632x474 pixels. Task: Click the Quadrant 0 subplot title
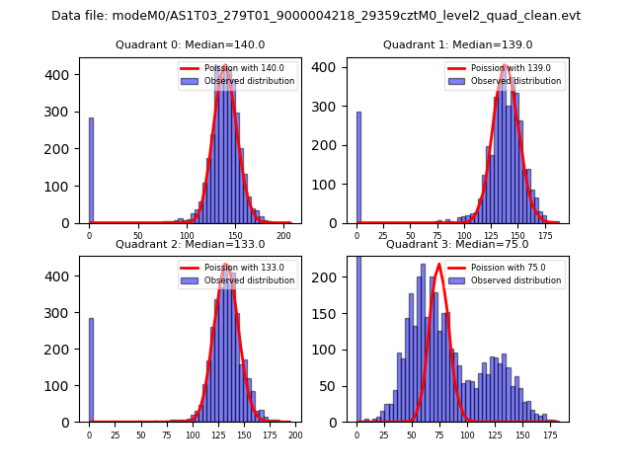pos(191,44)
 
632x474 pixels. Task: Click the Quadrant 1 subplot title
pos(457,44)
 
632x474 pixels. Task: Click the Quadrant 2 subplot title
pos(191,244)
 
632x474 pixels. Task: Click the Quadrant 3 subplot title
pos(457,244)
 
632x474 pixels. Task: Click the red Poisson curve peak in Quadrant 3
pos(439,264)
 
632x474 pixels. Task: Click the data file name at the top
pos(316,16)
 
